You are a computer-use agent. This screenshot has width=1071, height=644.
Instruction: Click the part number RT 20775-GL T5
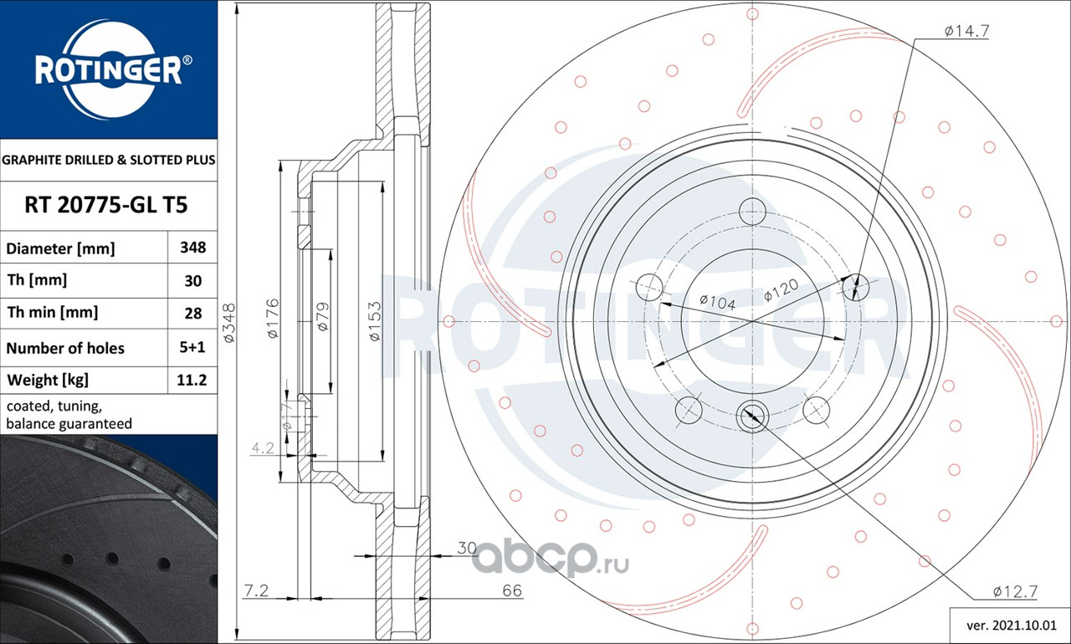click(106, 205)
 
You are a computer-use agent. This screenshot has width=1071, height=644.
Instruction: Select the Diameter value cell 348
click(192, 248)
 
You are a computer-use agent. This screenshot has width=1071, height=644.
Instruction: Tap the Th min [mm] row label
click(53, 313)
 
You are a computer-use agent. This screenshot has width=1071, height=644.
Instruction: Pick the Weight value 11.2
click(192, 381)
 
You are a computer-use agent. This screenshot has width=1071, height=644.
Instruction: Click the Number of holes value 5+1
click(192, 347)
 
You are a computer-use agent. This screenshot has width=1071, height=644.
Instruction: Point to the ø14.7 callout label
click(966, 31)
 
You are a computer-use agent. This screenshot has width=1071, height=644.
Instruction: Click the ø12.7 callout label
click(1015, 592)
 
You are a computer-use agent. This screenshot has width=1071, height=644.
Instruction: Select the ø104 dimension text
click(717, 302)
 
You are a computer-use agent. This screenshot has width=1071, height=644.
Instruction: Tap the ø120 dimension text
click(781, 290)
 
